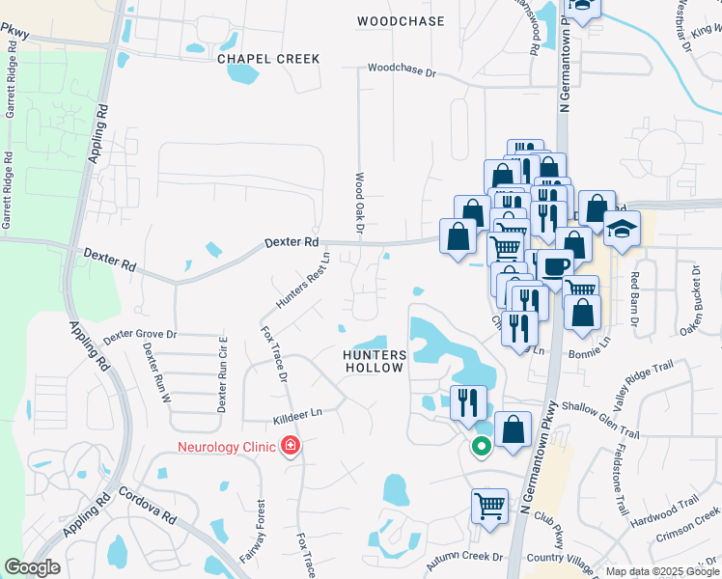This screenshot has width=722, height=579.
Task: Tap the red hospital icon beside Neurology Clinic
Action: coord(289,446)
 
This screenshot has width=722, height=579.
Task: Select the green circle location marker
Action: coord(480,446)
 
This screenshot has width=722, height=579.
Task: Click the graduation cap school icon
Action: coord(622,230)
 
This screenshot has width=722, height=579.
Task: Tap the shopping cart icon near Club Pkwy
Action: coord(490,505)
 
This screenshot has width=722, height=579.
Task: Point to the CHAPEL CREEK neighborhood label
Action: coord(268,59)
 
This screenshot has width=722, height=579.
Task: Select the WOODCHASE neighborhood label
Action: coord(401,20)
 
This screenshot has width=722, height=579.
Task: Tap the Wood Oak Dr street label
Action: coord(358,203)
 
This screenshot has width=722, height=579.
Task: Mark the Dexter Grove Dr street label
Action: coord(141,335)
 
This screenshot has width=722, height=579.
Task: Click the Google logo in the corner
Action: coord(33,567)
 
